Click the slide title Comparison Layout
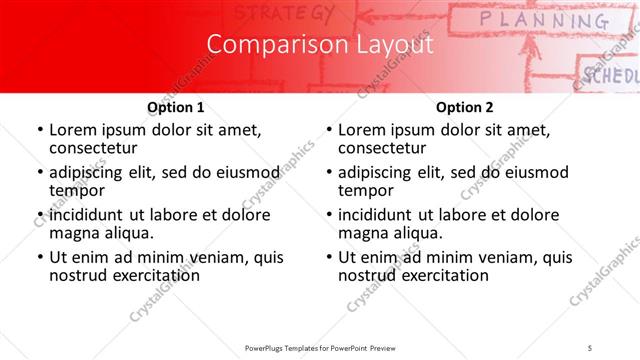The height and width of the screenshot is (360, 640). (x=320, y=46)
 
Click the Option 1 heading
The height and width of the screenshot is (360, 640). (x=176, y=107)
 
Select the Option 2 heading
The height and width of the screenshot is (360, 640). (x=465, y=107)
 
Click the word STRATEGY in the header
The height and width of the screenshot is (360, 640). (x=285, y=13)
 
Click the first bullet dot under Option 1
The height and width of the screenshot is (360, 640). (x=39, y=131)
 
